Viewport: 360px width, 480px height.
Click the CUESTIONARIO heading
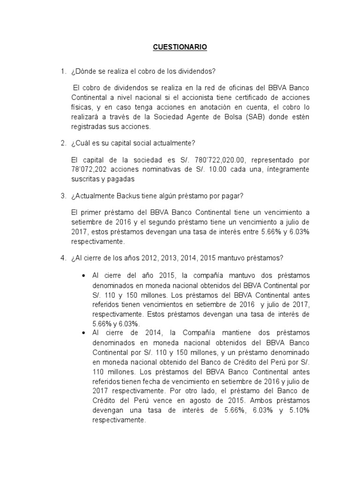(180, 47)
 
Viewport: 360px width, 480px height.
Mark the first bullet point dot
(83, 275)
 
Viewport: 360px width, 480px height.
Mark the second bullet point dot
(83, 332)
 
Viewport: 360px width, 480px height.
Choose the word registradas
(91, 126)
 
